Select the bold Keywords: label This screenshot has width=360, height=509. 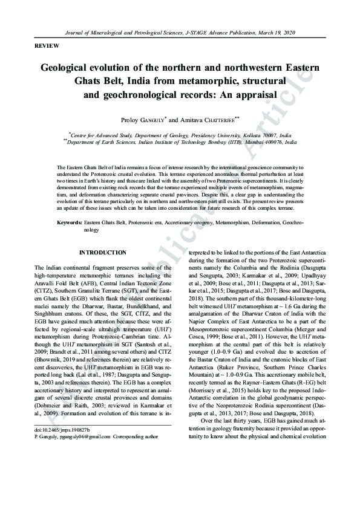point(70,223)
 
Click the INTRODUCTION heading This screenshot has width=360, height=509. point(103,253)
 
